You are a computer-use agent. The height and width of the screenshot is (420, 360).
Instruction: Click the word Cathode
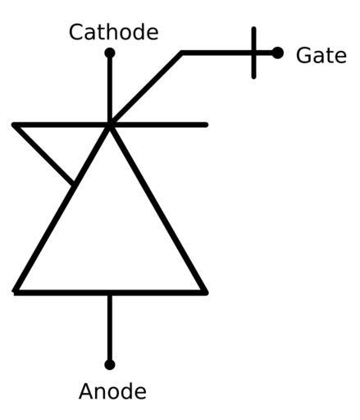[x=114, y=32]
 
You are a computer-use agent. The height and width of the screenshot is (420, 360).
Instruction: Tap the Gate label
[x=321, y=55]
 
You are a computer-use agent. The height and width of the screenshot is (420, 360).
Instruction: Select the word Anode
[x=112, y=391]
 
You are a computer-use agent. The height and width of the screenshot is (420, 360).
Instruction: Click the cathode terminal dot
[x=110, y=52]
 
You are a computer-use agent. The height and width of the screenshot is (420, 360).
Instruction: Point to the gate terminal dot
[x=278, y=52]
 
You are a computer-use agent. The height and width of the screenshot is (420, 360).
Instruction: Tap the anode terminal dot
[x=110, y=365]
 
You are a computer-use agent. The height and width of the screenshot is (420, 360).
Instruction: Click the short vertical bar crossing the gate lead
[x=254, y=52]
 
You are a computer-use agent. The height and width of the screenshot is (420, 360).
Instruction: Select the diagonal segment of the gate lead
[x=146, y=88]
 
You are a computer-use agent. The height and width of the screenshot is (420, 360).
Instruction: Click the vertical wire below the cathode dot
[x=110, y=89]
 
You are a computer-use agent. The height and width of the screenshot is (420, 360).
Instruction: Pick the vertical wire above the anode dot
[x=110, y=328]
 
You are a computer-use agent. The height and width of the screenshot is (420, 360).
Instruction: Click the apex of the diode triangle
[x=110, y=126]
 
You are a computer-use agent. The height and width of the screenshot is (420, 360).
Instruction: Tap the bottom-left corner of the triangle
[x=15, y=292]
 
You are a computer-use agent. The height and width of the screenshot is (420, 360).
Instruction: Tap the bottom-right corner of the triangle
[x=206, y=293]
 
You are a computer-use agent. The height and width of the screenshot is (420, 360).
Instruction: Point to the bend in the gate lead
[x=182, y=52]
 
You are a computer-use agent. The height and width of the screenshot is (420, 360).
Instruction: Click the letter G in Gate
[x=303, y=55]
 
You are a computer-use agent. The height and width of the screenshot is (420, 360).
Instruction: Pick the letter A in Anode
[x=86, y=391]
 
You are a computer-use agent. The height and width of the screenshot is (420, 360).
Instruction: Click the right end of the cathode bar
[x=207, y=125]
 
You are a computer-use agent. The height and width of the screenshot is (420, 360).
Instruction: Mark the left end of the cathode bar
[x=14, y=125]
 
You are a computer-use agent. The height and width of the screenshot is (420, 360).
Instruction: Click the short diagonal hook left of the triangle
[x=43, y=154]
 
